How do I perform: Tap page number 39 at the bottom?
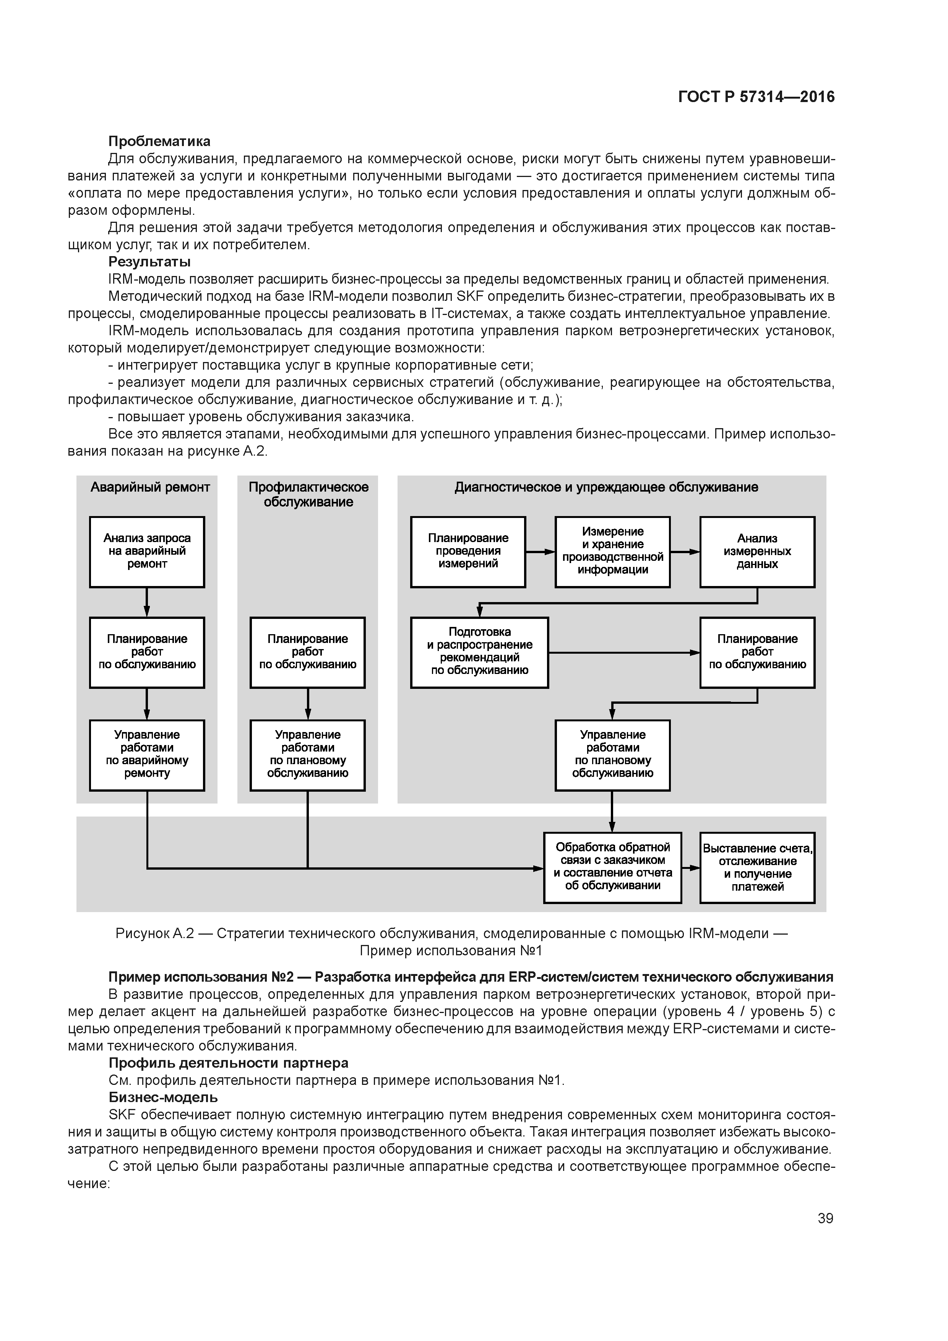click(x=825, y=1218)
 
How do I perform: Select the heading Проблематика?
click(x=159, y=141)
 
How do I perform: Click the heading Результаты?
click(x=149, y=261)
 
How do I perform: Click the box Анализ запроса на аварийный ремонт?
click(x=147, y=551)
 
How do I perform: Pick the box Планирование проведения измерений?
click(x=468, y=551)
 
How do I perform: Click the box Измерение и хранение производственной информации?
click(x=612, y=551)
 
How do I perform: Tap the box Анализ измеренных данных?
click(x=757, y=551)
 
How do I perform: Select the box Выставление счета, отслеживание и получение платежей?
click(x=757, y=867)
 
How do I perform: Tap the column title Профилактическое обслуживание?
click(x=308, y=495)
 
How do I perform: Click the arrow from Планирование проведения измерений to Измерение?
click(x=540, y=551)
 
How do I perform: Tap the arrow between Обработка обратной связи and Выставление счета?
click(x=690, y=868)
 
